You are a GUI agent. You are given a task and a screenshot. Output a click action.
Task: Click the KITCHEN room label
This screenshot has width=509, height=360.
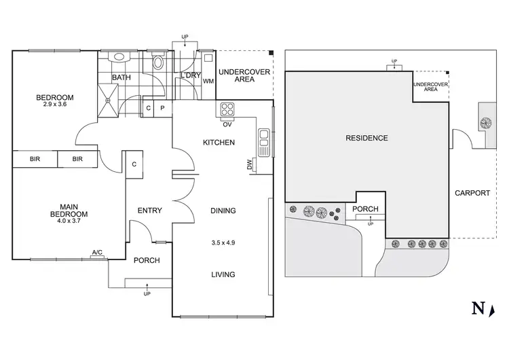coord(219,143)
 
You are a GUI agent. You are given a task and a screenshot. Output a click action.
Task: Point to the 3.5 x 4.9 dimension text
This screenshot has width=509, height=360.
coord(223,242)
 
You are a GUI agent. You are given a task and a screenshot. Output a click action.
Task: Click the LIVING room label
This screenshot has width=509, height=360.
coord(223,274)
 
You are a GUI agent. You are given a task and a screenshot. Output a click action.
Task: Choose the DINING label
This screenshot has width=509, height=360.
coord(223,211)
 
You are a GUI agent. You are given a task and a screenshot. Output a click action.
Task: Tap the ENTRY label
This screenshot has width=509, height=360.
coord(149,211)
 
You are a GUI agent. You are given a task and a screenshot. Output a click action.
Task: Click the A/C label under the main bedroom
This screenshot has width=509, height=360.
coord(97,253)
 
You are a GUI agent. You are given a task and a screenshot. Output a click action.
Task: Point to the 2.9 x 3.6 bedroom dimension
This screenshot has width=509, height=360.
coord(55,105)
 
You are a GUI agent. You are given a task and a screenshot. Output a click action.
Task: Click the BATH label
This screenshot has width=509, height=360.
coord(121,78)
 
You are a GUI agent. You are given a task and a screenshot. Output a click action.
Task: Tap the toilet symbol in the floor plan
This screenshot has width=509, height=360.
coord(159,62)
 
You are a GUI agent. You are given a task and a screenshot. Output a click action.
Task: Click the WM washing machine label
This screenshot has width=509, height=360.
coord(208,81)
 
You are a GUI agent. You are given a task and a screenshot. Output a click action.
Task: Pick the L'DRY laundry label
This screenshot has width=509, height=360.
coord(190,75)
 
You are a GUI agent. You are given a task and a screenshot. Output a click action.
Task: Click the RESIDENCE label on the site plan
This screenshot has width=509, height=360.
coord(366,138)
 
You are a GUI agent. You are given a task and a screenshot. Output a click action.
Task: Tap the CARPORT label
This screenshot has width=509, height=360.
coord(472,193)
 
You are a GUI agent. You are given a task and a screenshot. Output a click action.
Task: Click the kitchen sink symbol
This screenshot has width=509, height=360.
coord(263,141)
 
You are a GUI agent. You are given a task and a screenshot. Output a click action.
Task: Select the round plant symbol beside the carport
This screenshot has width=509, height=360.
coord(485,122)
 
